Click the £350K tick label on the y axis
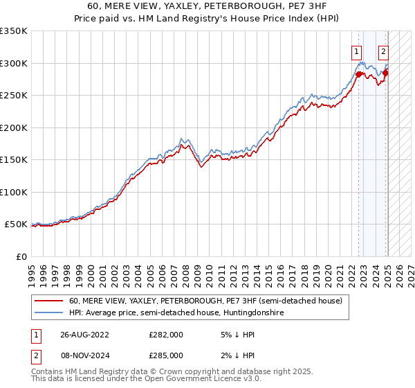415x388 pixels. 14,31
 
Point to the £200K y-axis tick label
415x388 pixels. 14,127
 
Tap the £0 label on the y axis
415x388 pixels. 21,256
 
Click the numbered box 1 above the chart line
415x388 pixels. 356,51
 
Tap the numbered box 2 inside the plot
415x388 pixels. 383,51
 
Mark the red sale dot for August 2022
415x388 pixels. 360,73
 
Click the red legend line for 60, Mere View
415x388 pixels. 49,301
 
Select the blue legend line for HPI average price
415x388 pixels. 49,313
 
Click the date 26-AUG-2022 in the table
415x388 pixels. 85,335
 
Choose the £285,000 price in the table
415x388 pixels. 166,356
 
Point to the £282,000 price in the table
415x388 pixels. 166,335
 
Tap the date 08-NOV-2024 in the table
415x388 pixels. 85,356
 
